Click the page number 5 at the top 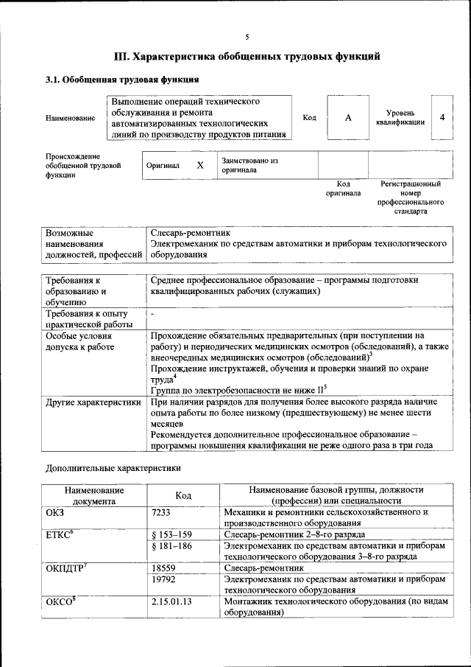click(247, 36)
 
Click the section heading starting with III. click(247, 56)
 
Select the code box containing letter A click(348, 117)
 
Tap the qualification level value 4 click(442, 117)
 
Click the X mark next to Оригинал click(199, 166)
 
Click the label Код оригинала click(343, 189)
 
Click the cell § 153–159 click(171, 534)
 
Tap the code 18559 click(164, 569)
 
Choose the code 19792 click(164, 580)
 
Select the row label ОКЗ click(56, 511)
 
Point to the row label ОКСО click(60, 602)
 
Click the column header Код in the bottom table click(183, 495)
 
